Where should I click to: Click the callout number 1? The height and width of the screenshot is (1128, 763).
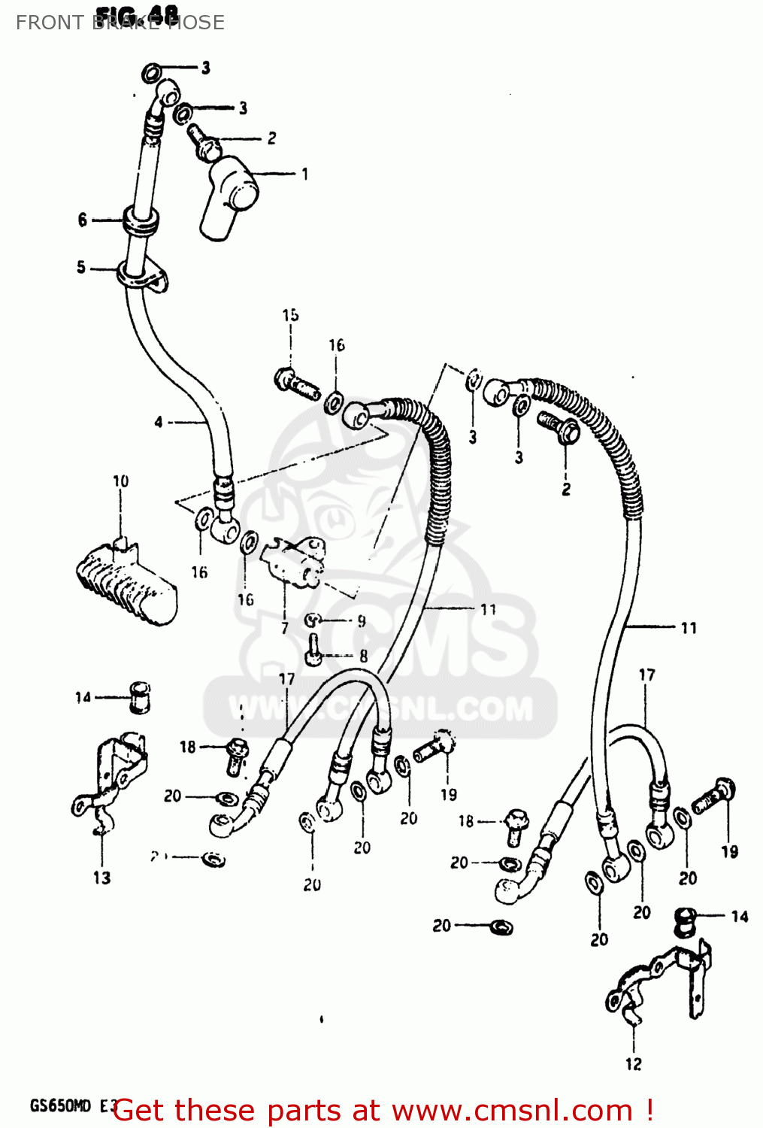304,174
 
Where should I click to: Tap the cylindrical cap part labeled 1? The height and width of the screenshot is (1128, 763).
229,197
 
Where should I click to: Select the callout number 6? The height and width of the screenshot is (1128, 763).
82,220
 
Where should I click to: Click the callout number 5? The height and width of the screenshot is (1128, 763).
81,267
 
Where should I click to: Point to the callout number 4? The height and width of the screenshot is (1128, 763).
158,422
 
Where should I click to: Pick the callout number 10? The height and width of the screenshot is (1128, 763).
120,481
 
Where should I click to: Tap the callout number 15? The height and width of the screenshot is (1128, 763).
290,315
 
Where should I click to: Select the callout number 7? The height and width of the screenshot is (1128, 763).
284,627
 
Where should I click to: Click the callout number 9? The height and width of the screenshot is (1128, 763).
362,621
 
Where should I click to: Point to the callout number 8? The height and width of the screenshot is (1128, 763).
363,656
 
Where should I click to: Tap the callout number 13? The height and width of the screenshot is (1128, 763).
101,878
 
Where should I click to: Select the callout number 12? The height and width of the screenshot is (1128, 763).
633,1064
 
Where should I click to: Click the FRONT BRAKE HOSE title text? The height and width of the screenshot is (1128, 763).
120,23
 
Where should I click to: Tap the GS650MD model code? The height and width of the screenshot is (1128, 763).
60,1105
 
